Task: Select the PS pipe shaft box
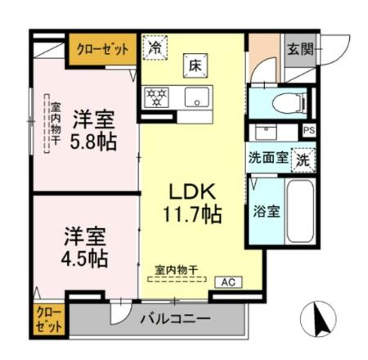[308, 131]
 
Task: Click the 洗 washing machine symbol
[303, 158]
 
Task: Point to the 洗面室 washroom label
[267, 158]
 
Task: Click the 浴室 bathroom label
[267, 211]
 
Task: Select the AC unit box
[227, 282]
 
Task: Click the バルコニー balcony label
[173, 318]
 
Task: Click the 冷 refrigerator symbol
[154, 47]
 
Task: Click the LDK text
[192, 191]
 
